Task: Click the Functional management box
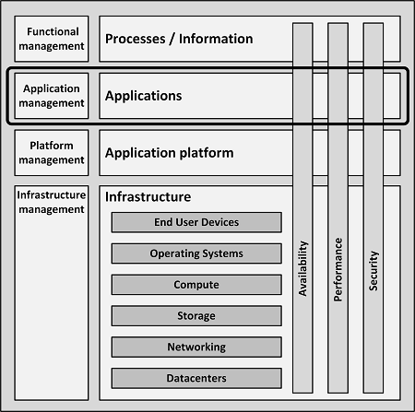(x=52, y=39)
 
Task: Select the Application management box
(x=52, y=96)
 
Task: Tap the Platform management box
(x=52, y=153)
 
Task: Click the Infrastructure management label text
(x=52, y=202)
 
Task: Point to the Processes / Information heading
(x=179, y=39)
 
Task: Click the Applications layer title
(x=144, y=96)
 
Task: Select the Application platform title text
(x=170, y=153)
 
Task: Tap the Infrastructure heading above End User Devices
(x=148, y=197)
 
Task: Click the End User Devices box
(x=196, y=222)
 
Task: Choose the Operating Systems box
(x=196, y=253)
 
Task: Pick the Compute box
(x=196, y=285)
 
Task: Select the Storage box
(x=196, y=315)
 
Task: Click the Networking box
(x=196, y=347)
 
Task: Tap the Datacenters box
(x=196, y=378)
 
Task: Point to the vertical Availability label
(x=303, y=268)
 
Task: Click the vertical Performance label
(x=338, y=269)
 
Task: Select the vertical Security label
(x=373, y=271)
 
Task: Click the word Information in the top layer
(x=216, y=39)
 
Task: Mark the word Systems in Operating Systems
(x=222, y=253)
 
